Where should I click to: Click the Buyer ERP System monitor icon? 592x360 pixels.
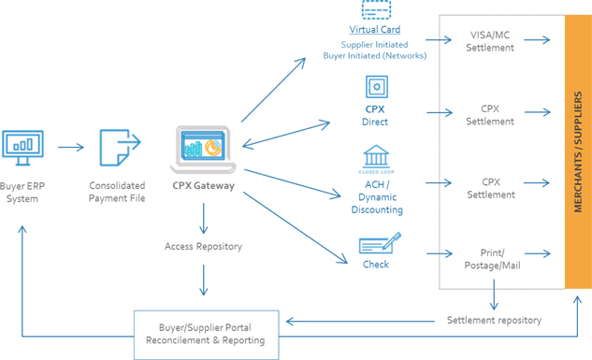[22, 148]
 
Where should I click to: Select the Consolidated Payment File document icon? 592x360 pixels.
[120, 148]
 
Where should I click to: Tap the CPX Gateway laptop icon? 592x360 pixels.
[203, 150]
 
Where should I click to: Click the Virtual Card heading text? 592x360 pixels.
[374, 29]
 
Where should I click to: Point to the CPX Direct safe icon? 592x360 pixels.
[376, 87]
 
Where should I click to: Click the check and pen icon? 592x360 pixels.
[380, 243]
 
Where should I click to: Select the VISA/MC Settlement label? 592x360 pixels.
[490, 41]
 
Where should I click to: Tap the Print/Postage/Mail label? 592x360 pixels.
[492, 259]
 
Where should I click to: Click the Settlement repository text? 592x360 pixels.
[494, 320]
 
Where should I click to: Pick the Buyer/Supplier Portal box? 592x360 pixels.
[207, 335]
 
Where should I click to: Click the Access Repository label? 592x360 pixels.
[203, 247]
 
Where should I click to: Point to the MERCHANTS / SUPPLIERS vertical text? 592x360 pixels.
[578, 151]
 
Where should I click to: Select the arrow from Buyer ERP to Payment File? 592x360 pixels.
[70, 147]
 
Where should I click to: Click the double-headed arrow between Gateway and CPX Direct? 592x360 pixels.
[286, 134]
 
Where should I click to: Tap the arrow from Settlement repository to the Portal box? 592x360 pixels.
[360, 322]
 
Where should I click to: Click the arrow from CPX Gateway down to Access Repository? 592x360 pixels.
[204, 219]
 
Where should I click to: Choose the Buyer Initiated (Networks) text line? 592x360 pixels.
[374, 56]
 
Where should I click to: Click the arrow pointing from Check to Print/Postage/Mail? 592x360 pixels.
[440, 253]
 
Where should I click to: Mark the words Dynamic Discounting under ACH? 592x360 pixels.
[377, 204]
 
